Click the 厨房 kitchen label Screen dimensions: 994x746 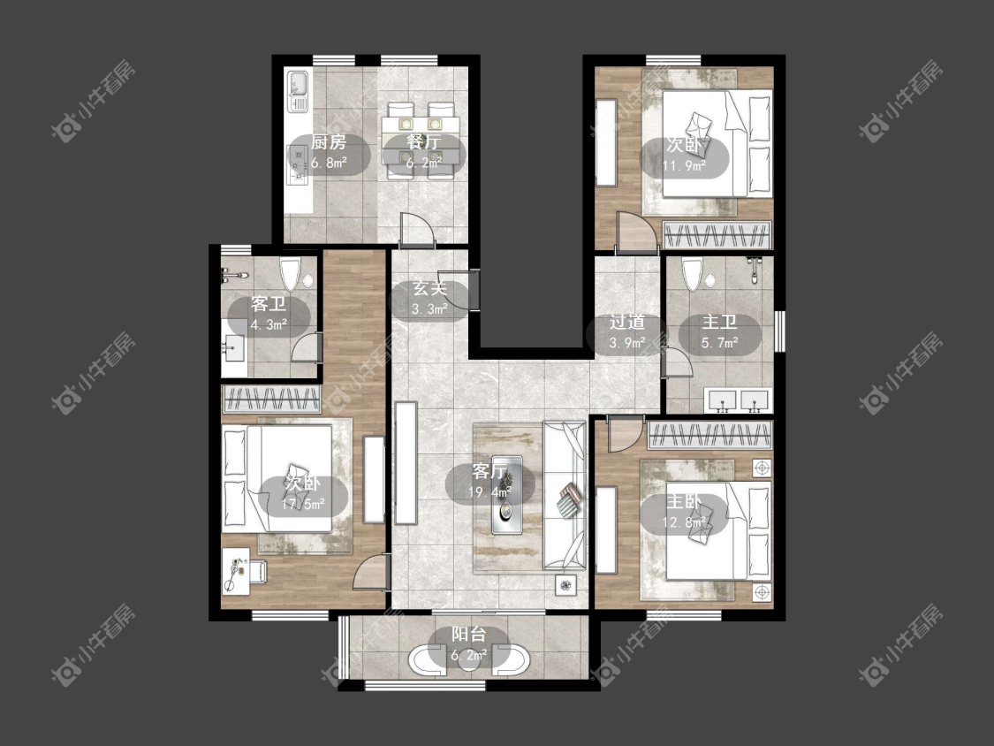pyautogui.click(x=329, y=142)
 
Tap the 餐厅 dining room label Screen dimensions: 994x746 pyautogui.click(x=423, y=142)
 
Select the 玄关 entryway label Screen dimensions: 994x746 pyautogui.click(x=430, y=289)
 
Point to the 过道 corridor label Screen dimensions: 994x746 pyautogui.click(x=627, y=323)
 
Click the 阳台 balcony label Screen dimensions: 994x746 pyautogui.click(x=469, y=635)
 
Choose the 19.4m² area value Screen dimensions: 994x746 pyautogui.click(x=491, y=491)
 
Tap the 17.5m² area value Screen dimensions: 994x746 pyautogui.click(x=303, y=505)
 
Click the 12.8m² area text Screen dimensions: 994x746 pyautogui.click(x=686, y=522)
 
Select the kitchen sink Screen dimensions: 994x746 pyautogui.click(x=298, y=92)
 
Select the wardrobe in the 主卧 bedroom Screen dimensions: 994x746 pyautogui.click(x=710, y=436)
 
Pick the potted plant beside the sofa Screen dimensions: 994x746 pyautogui.click(x=565, y=585)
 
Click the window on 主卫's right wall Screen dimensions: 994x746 pyautogui.click(x=780, y=331)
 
